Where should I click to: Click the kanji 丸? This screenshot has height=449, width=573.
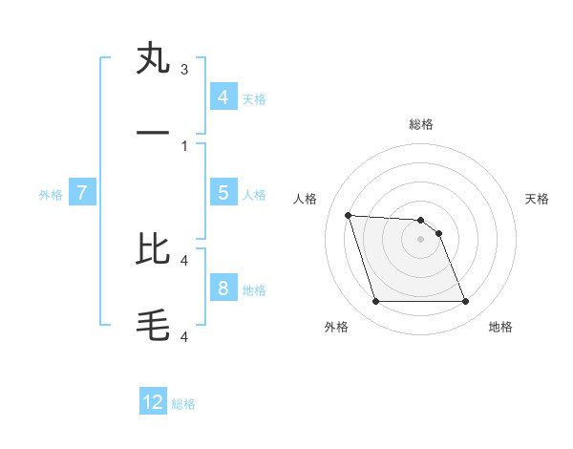pyautogui.click(x=153, y=58)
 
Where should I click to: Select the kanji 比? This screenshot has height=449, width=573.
pyautogui.click(x=153, y=248)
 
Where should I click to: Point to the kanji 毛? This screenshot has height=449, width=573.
pyautogui.click(x=153, y=326)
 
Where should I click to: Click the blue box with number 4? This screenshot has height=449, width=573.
pyautogui.click(x=223, y=97)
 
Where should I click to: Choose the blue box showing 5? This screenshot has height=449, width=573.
pyautogui.click(x=223, y=193)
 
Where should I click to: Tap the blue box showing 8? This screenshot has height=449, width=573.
pyautogui.click(x=223, y=289)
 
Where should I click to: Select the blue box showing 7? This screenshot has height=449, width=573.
pyautogui.click(x=82, y=193)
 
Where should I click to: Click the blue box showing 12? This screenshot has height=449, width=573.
pyautogui.click(x=153, y=403)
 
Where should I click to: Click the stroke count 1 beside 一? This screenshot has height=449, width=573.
pyautogui.click(x=184, y=146)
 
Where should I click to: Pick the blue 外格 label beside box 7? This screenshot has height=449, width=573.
pyautogui.click(x=51, y=194)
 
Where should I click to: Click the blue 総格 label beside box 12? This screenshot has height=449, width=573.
pyautogui.click(x=183, y=404)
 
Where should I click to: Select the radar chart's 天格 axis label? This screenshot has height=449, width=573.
pyautogui.click(x=537, y=199)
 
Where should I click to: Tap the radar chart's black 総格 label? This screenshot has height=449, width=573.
pyautogui.click(x=421, y=124)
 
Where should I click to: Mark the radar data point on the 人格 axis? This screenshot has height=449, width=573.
pyautogui.click(x=348, y=215)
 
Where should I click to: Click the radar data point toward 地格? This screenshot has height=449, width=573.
pyautogui.click(x=465, y=302)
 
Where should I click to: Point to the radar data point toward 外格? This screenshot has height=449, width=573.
pyautogui.click(x=375, y=302)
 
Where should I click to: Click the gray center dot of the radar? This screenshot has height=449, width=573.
pyautogui.click(x=420, y=239)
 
